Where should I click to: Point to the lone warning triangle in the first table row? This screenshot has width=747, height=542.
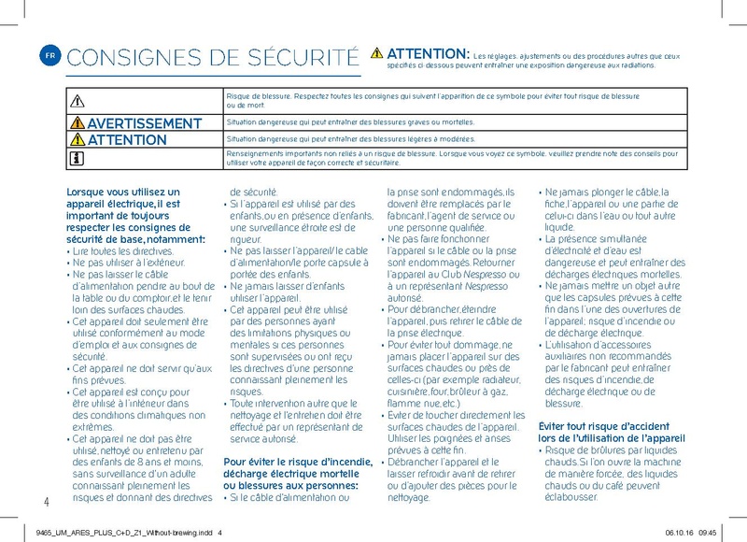(76, 100)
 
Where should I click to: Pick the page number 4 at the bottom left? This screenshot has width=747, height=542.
(46, 502)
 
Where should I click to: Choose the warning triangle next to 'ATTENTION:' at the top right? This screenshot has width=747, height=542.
(376, 52)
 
